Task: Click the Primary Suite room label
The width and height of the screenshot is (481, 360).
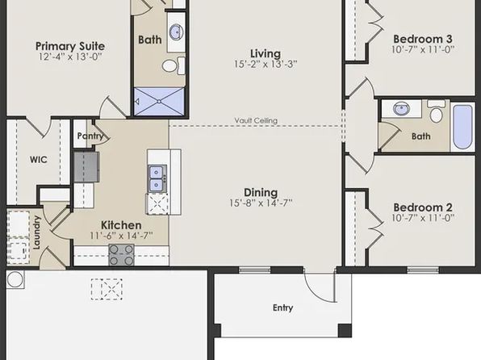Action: tap(70, 46)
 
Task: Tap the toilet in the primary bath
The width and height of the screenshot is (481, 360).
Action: tap(174, 65)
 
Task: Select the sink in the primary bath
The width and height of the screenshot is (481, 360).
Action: tap(176, 31)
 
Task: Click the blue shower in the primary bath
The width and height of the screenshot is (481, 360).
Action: tap(159, 102)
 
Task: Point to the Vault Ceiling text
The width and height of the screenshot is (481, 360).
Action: tap(256, 120)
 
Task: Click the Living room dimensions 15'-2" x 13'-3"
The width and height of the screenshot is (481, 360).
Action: tap(266, 64)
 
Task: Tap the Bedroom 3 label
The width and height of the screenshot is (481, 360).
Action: tap(423, 39)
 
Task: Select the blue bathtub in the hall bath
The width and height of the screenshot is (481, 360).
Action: tap(462, 127)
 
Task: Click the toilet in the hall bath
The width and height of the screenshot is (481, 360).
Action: tap(436, 111)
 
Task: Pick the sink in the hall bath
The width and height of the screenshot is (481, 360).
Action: tap(401, 109)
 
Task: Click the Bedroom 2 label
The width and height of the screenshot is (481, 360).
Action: tap(423, 207)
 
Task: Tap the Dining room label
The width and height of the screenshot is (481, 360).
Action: tap(261, 192)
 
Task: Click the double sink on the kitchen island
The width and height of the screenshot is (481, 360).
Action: tap(157, 178)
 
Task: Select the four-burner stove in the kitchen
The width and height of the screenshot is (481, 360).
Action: tap(122, 255)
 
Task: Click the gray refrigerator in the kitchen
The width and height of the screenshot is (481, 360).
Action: tap(86, 167)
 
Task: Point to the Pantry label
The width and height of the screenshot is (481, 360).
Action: tap(90, 136)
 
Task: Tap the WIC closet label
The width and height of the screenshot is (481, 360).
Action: tap(39, 160)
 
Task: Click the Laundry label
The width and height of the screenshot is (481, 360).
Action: tap(36, 232)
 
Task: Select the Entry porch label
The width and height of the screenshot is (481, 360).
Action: tap(282, 308)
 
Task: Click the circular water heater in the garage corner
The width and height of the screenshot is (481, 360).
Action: tap(15, 279)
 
